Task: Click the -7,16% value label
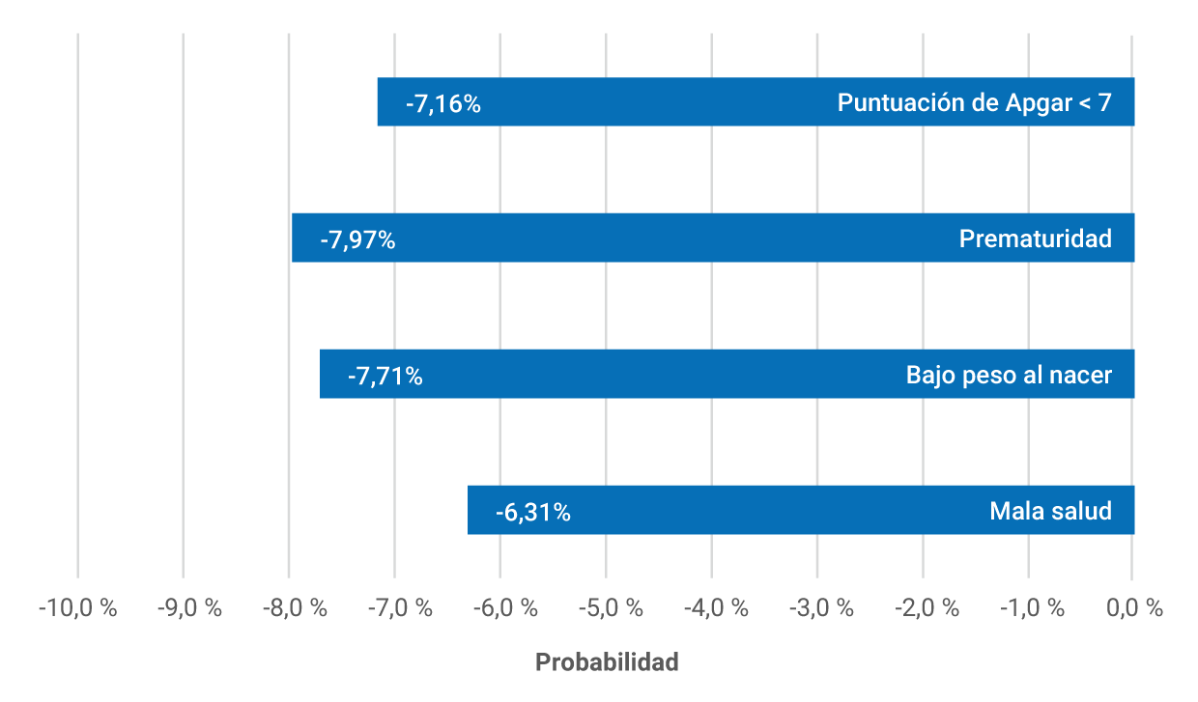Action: [442, 103]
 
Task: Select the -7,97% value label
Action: [357, 239]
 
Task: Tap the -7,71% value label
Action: [385, 376]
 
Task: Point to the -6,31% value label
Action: [532, 512]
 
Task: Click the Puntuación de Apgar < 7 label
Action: [974, 102]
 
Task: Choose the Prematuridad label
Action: [1035, 239]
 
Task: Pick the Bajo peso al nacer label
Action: [1009, 375]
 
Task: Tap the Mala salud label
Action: [1050, 511]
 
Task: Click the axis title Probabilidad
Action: [607, 662]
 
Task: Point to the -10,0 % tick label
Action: [77, 608]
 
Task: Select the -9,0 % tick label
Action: [183, 608]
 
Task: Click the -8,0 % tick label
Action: [288, 608]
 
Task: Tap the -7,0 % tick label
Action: [394, 608]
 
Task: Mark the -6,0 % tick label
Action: [499, 608]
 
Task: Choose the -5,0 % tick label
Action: [605, 608]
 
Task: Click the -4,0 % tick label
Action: [710, 608]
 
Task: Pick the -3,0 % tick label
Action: [815, 608]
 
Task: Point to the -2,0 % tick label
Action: [922, 608]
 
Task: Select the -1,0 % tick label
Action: [1027, 608]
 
